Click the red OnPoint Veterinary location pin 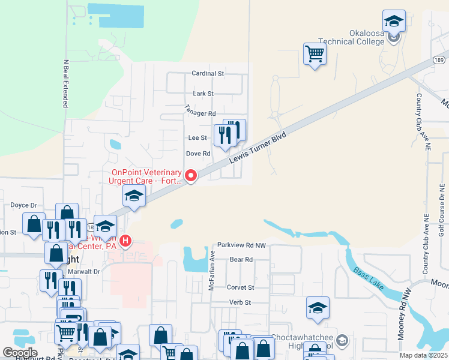point(191,175)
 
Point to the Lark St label point(203,94)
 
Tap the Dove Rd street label point(198,154)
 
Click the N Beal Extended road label point(65,83)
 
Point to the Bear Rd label point(241,260)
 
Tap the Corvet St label point(241,287)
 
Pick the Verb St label point(239,302)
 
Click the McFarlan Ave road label point(211,262)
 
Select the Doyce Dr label point(24,205)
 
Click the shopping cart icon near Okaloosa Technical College point(315,55)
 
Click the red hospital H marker point(126,241)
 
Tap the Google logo point(20,352)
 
